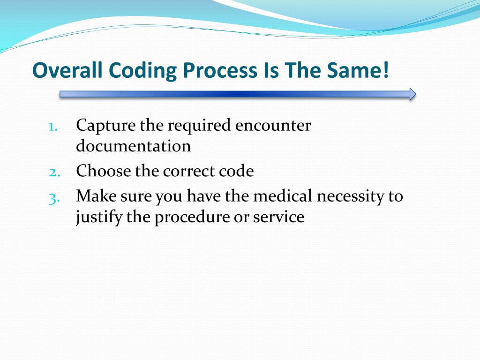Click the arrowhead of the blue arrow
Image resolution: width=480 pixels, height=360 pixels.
(412, 94)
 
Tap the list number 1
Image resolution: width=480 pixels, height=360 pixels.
(53, 127)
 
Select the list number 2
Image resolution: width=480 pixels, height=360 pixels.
(53, 172)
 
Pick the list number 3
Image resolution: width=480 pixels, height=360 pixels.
(53, 197)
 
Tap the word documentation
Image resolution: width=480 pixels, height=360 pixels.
(134, 146)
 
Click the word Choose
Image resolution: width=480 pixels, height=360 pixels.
(103, 171)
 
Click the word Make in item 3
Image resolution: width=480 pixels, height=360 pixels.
(96, 196)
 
